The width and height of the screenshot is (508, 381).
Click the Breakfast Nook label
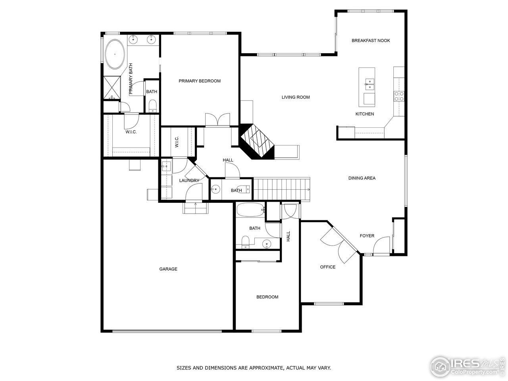(371, 40)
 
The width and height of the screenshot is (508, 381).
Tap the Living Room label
(296, 97)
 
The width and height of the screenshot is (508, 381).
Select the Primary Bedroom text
(199, 81)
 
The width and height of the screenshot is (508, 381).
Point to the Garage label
(168, 269)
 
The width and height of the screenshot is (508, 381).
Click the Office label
(328, 267)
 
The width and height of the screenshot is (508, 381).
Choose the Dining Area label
(362, 178)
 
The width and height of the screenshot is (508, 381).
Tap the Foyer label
(367, 236)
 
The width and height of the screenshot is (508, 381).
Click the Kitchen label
(364, 114)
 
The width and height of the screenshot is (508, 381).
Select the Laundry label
(189, 181)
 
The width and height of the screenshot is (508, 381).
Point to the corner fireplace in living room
(257, 142)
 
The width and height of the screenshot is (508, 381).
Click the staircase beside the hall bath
(281, 189)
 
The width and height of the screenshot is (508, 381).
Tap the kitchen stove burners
(398, 96)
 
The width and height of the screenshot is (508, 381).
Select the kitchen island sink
(369, 82)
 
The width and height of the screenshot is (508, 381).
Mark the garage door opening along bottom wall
(167, 331)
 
